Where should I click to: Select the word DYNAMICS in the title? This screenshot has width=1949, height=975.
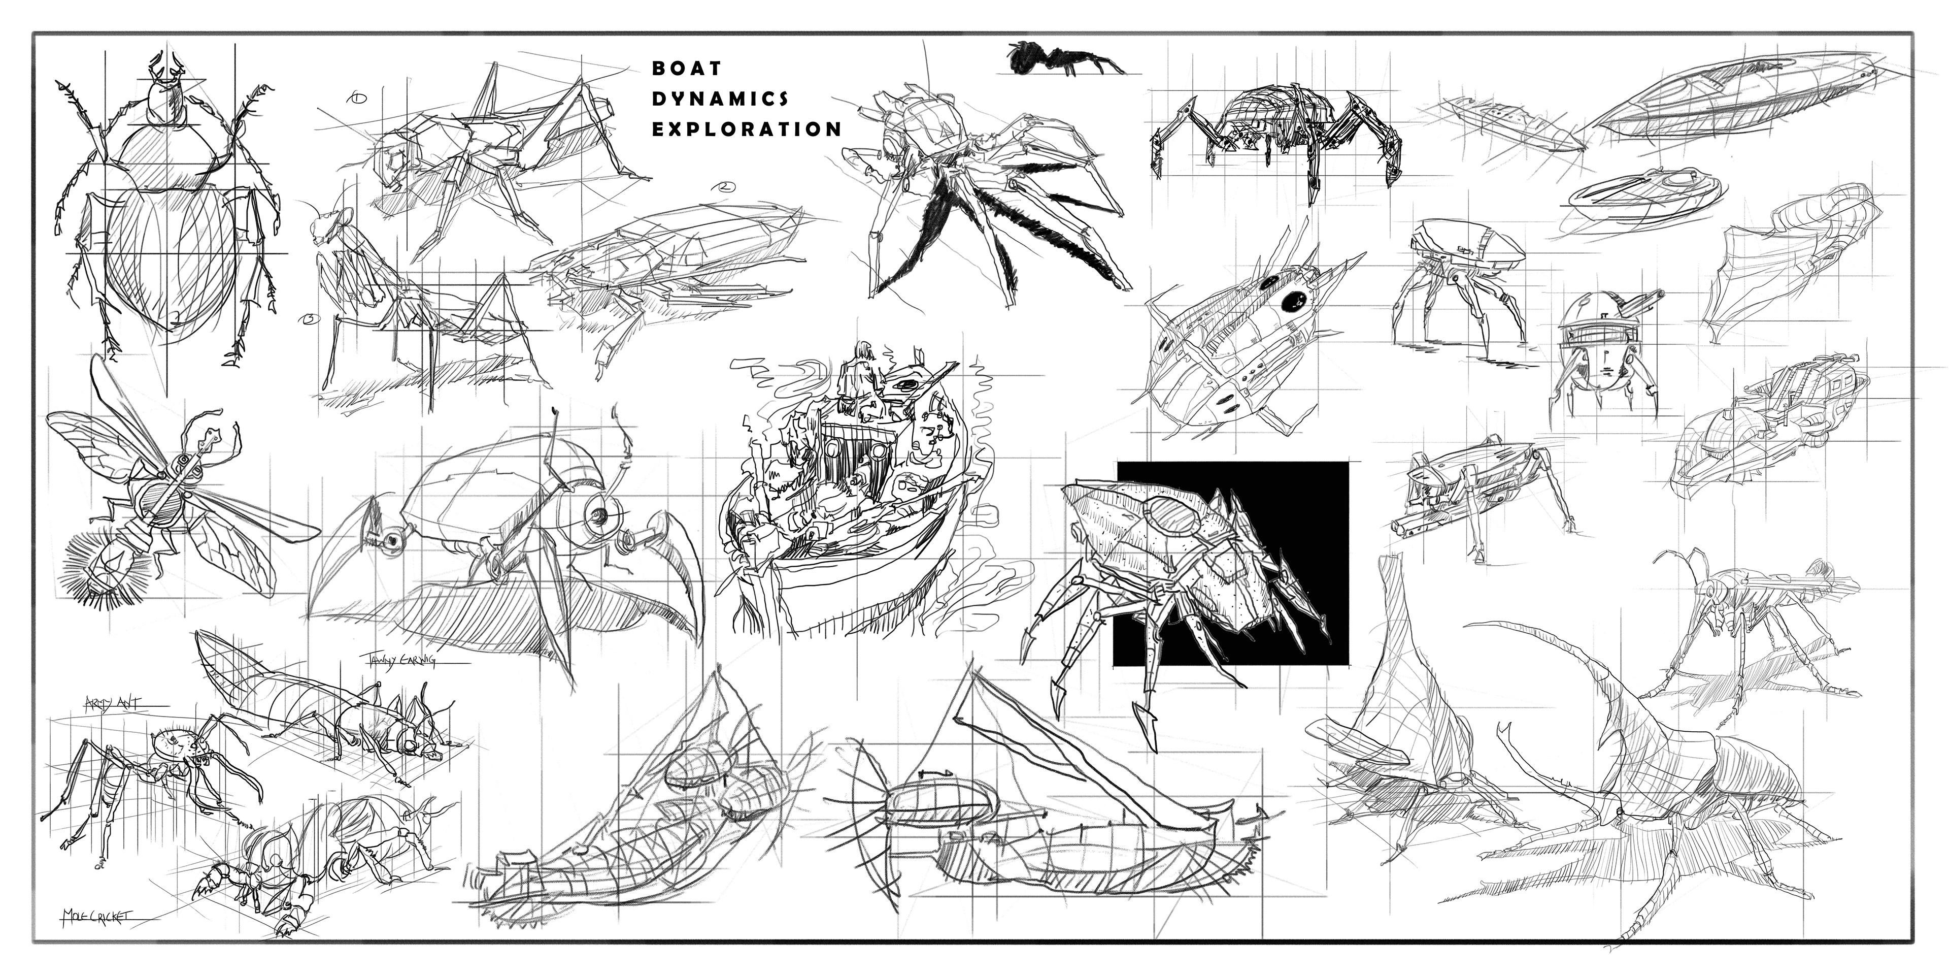[x=720, y=99]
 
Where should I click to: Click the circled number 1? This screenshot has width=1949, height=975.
[x=357, y=97]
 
